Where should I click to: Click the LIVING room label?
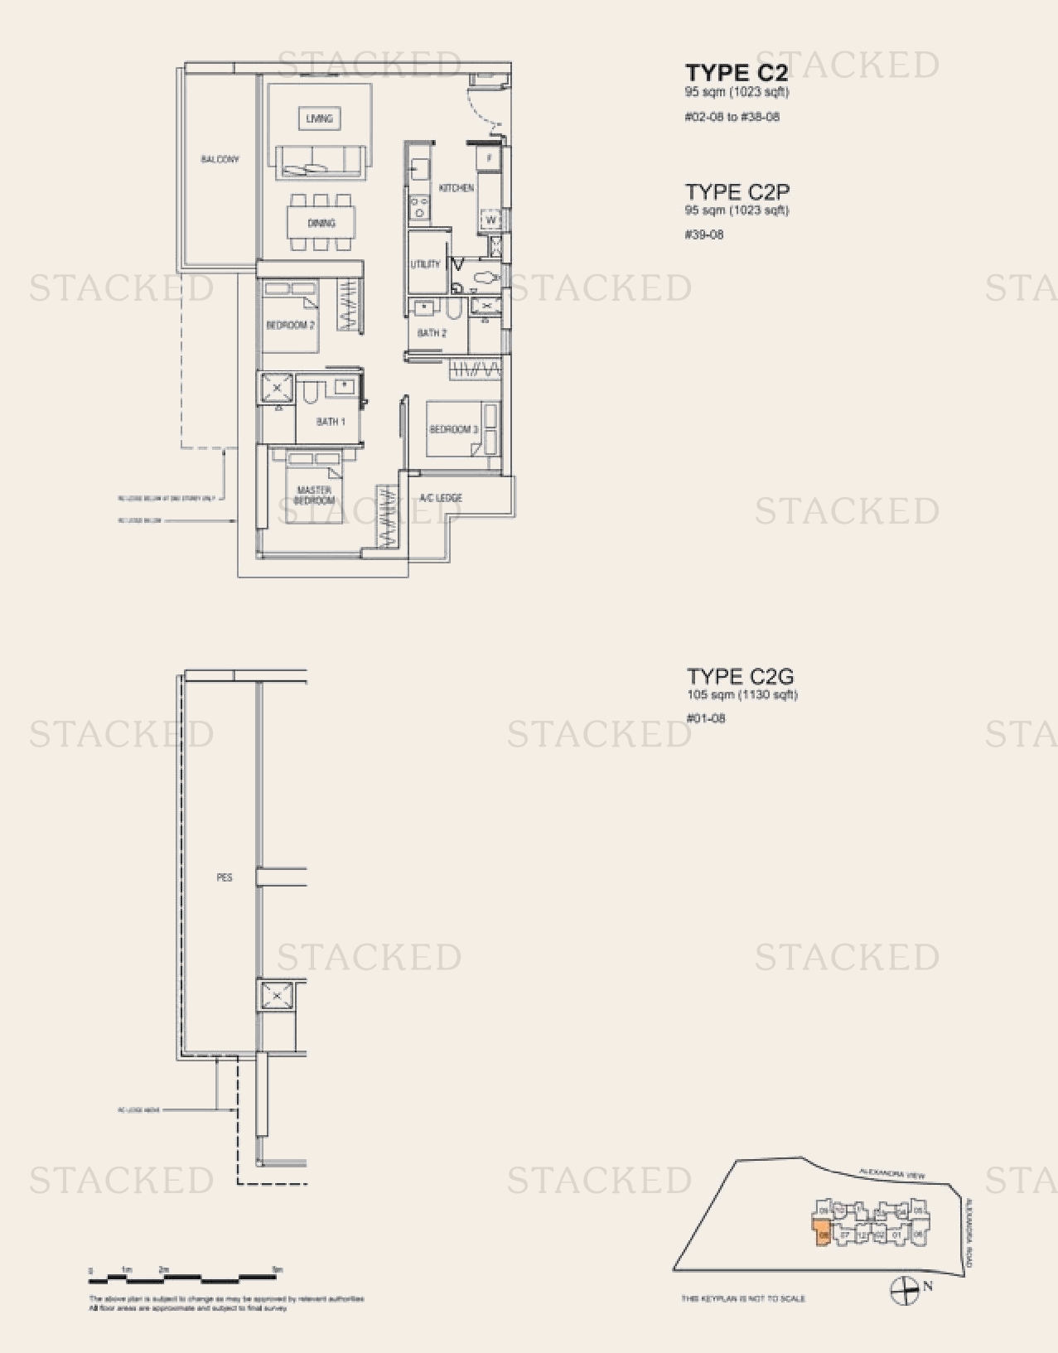319,118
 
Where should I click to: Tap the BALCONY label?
220,159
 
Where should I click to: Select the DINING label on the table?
321,223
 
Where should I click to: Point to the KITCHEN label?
457,188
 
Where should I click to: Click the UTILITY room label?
425,264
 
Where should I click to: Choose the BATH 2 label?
432,333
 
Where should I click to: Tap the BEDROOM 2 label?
290,326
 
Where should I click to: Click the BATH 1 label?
331,422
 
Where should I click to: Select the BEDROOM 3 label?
453,429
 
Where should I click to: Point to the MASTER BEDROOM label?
314,495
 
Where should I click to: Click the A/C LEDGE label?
441,498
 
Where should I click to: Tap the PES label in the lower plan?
225,877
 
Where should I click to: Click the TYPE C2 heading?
737,74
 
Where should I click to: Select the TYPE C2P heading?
737,192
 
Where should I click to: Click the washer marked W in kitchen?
490,220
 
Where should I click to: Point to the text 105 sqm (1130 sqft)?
742,695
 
